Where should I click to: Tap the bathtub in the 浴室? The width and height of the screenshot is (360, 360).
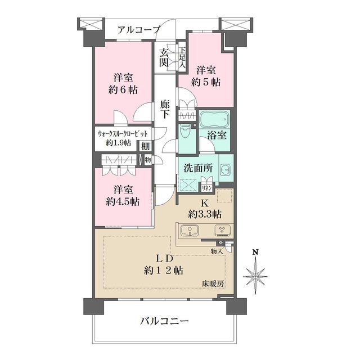214,120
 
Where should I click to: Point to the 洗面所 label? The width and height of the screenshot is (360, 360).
196,168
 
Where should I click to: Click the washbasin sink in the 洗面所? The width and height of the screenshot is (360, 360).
224,169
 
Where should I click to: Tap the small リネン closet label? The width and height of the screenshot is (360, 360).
207,187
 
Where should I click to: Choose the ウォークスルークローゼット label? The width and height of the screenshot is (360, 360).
123,134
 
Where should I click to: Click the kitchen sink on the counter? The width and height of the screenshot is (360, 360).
190,231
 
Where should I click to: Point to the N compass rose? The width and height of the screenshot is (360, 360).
256,276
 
